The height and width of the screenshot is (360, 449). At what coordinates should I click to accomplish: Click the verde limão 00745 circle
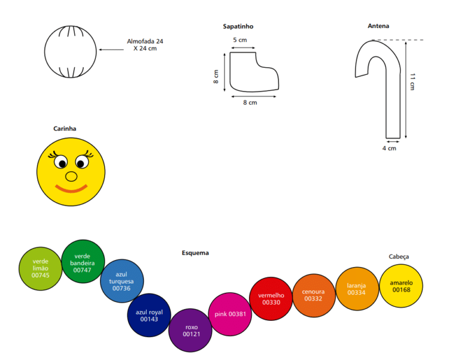(x=40, y=269)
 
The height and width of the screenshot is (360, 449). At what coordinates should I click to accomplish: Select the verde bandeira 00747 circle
(x=83, y=262)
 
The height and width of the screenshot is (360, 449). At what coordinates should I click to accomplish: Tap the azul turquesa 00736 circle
(x=122, y=281)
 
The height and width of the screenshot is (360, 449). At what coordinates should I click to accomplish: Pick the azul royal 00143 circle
(x=149, y=315)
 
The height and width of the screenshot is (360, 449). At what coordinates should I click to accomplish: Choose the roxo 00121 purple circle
(x=191, y=330)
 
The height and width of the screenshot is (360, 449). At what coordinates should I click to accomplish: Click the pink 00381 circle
(x=230, y=314)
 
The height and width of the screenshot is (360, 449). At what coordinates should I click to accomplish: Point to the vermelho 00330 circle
(x=271, y=299)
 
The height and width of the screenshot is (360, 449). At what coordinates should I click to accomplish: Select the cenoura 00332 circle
(x=314, y=295)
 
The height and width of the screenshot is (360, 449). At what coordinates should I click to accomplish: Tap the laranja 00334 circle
(x=357, y=289)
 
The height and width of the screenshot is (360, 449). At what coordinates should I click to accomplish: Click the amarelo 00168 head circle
(x=401, y=286)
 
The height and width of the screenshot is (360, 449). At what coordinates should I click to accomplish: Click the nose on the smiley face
(x=71, y=176)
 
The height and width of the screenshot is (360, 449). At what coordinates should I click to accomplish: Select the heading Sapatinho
(x=238, y=26)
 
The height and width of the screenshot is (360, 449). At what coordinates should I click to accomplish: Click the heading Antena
(x=378, y=26)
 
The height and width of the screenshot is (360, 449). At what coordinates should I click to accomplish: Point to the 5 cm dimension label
(x=240, y=40)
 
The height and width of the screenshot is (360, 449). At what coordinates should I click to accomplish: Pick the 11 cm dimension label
(x=412, y=82)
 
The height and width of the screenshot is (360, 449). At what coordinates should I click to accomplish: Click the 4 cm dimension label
(x=389, y=148)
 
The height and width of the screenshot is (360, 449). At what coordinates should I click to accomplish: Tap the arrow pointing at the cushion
(x=112, y=50)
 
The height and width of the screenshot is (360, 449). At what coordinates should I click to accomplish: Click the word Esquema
(x=195, y=252)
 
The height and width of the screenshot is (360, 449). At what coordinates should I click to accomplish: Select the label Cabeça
(x=399, y=257)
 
